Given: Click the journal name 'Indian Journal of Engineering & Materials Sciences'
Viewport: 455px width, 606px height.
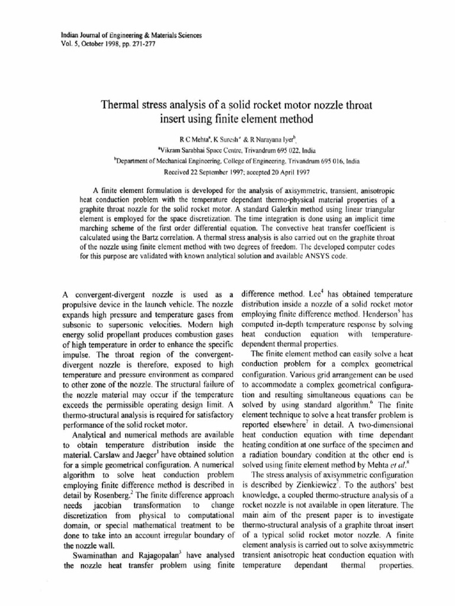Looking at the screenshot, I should (x=132, y=35).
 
